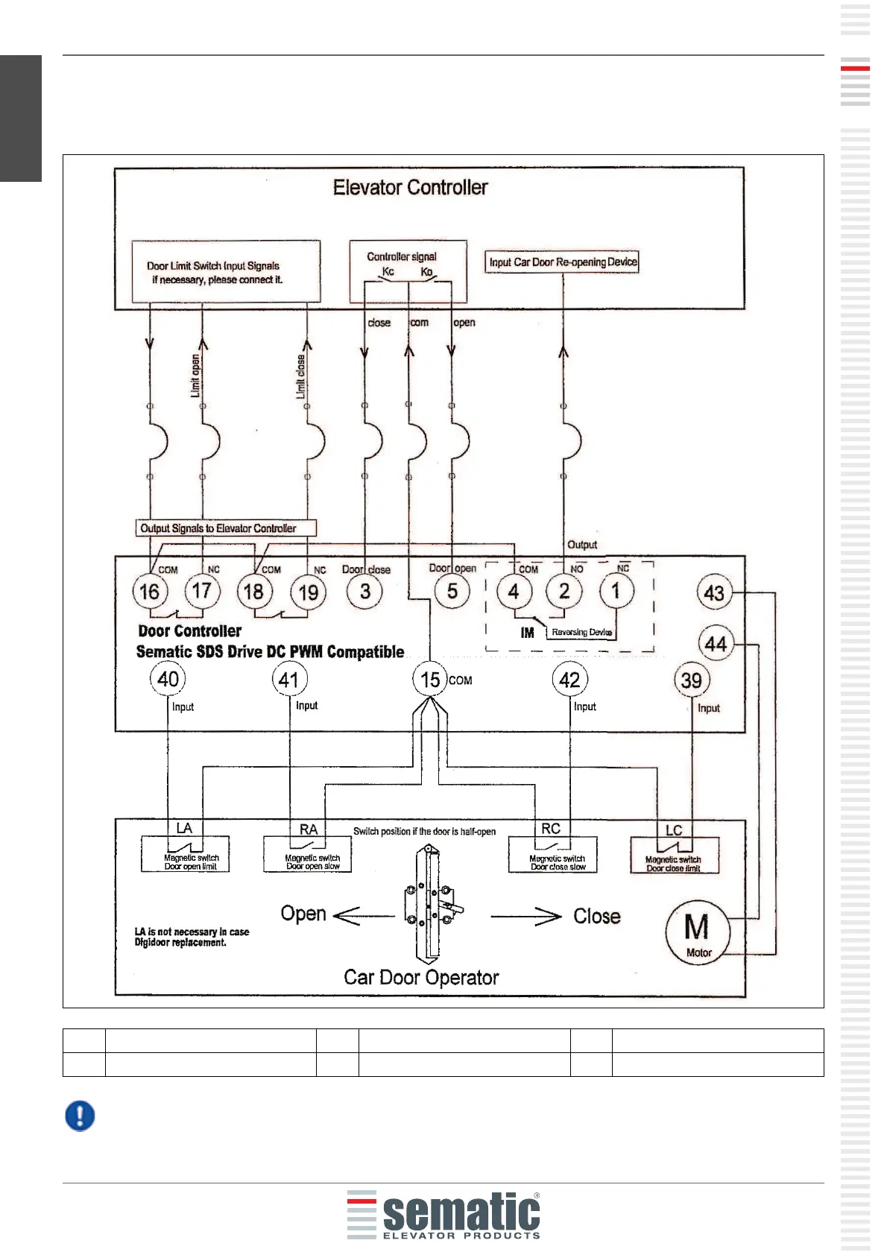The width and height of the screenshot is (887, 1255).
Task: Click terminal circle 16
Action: coord(150,592)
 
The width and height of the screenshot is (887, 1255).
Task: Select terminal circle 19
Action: coord(308,592)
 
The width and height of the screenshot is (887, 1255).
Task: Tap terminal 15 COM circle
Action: coord(430,679)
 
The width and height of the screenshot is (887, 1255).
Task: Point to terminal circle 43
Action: coord(714,592)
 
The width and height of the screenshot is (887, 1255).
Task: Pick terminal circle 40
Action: coord(168,678)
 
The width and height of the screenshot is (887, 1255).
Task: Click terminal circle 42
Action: coord(570,679)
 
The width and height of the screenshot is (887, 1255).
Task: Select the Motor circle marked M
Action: coord(698,933)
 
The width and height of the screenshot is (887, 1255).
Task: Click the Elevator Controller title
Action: coord(410,187)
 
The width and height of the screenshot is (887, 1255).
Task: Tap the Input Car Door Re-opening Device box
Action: coord(561,262)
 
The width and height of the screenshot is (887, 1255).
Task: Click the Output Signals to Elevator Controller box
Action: coord(226,528)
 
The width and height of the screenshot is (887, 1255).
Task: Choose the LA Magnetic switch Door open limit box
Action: coord(185,854)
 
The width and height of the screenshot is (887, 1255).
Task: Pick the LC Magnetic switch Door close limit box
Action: coord(675,855)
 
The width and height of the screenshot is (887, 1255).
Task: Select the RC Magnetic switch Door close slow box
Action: coord(552,854)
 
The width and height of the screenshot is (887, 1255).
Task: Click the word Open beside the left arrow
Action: coord(303,914)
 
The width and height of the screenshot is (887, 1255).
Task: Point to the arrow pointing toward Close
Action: coord(526,917)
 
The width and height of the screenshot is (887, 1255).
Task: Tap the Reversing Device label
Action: coord(581,632)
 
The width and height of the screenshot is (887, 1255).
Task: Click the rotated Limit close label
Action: coord(300,376)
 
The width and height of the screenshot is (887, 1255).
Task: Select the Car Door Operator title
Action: coord(421,978)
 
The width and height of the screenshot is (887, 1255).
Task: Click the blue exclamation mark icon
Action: coord(80,1116)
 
